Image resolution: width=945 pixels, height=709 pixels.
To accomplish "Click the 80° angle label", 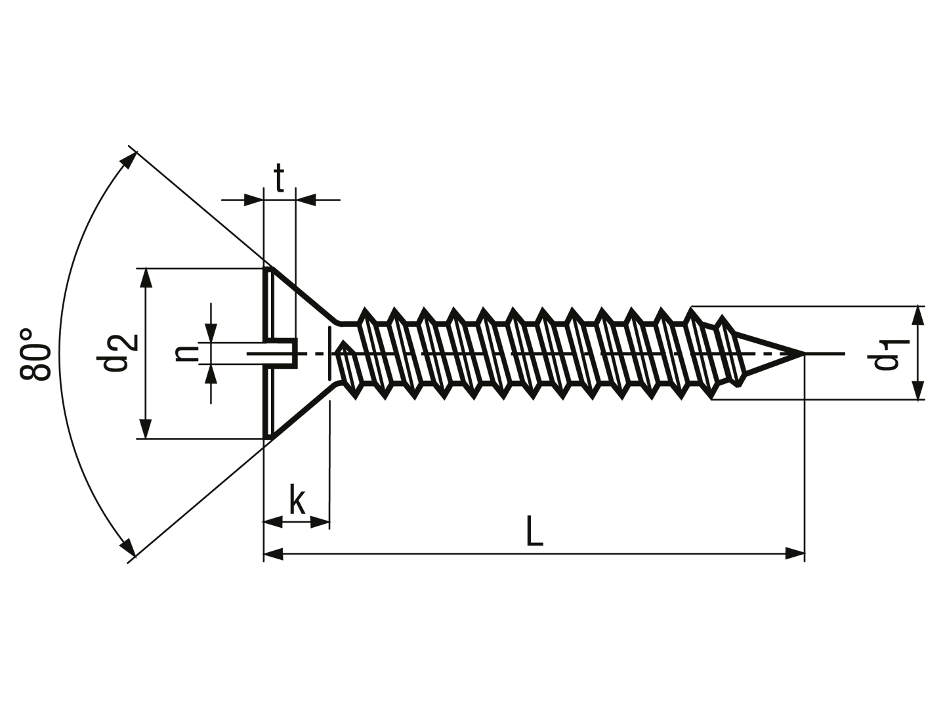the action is [35, 354].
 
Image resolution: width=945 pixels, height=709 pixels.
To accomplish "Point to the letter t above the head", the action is [280, 178].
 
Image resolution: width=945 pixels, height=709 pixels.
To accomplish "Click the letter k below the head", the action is [297, 499].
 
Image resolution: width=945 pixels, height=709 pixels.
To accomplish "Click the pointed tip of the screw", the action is [803, 353].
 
